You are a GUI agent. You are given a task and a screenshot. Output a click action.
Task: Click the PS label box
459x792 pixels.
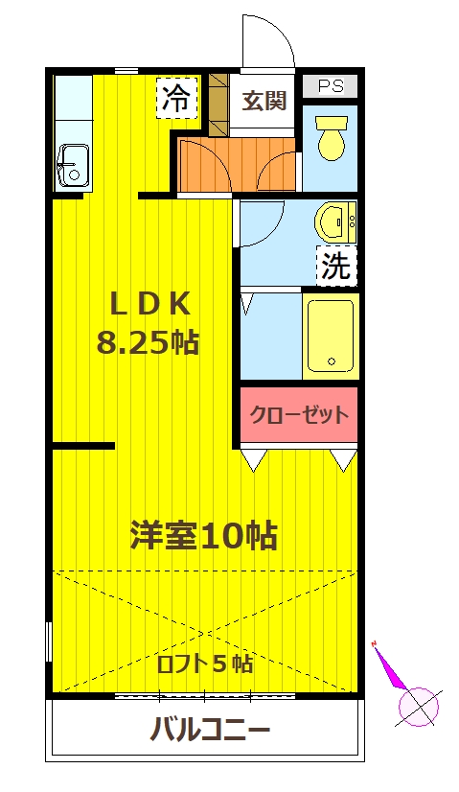point(330,85)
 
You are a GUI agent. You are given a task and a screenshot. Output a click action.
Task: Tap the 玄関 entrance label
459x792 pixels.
point(264,101)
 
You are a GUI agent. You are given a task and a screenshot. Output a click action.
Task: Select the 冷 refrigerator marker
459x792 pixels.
point(176,97)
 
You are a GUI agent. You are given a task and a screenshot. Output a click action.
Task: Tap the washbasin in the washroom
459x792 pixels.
point(333,222)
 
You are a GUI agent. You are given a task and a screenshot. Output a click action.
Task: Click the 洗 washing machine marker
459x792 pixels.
point(335,265)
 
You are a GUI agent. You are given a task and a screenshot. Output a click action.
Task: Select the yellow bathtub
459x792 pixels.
point(330,335)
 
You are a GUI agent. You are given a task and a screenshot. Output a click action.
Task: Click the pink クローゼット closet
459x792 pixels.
point(298,415)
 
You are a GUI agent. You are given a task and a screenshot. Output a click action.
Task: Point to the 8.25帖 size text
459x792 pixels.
point(148,341)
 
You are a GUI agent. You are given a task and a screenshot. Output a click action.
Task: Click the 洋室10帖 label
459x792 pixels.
point(203,535)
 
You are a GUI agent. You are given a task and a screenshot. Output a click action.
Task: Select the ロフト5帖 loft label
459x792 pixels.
point(205,664)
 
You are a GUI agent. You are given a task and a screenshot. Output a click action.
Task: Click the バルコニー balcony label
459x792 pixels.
point(209,731)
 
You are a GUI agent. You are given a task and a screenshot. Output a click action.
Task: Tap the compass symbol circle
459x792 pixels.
point(418,708)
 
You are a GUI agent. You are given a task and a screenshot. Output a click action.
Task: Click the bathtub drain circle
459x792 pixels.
point(332,363)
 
